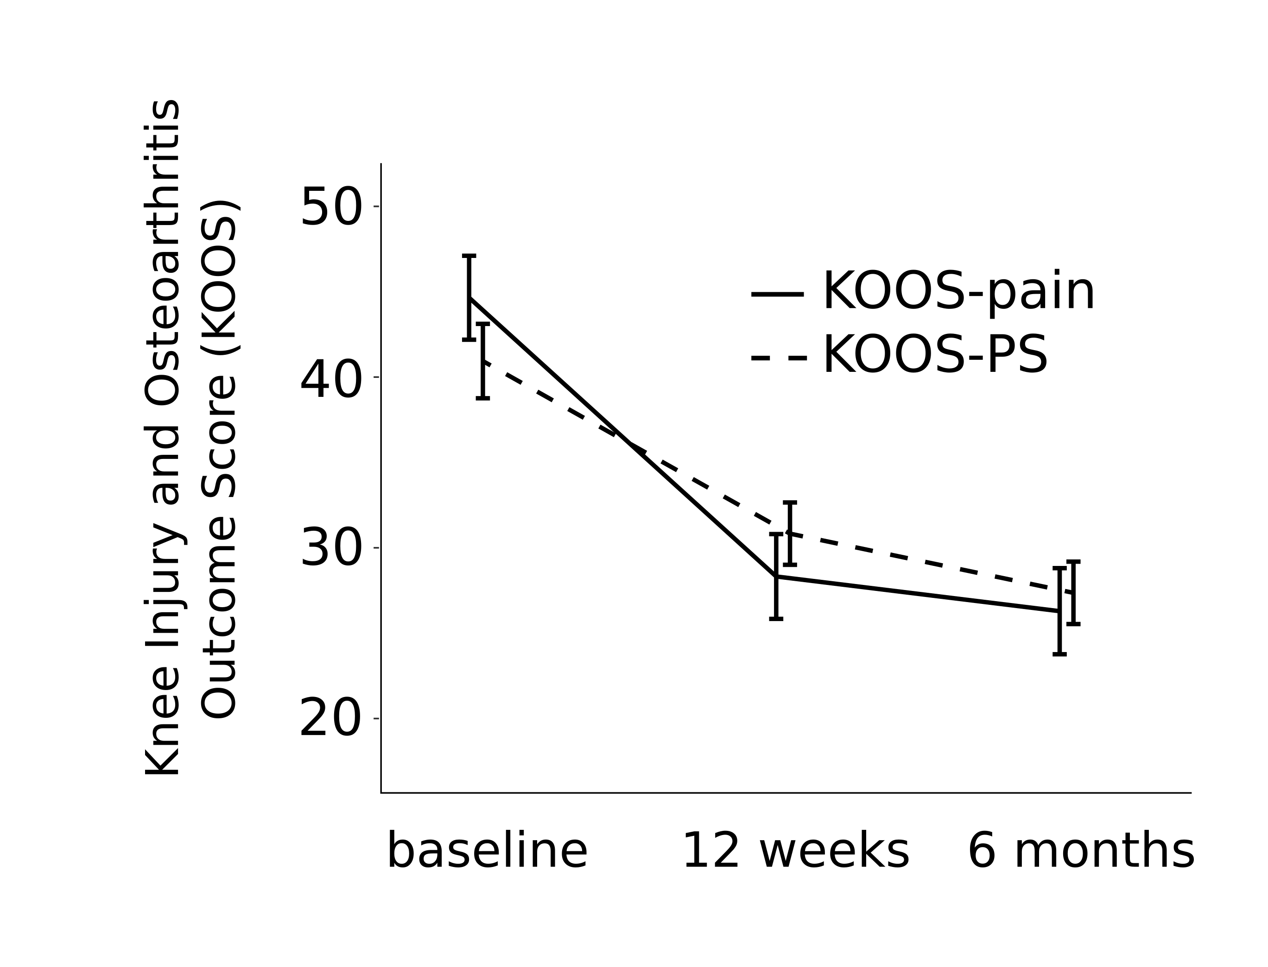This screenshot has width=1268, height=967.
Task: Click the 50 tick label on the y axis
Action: (x=331, y=207)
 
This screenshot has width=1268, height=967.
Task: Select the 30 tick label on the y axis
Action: (x=331, y=548)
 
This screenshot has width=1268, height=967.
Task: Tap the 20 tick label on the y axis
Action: (x=331, y=719)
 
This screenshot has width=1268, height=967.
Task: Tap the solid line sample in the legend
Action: (x=777, y=294)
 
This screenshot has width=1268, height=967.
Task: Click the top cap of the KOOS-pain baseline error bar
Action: (x=469, y=256)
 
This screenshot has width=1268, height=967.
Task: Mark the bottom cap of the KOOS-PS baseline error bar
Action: (x=482, y=398)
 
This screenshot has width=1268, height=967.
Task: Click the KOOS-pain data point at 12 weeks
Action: (x=776, y=576)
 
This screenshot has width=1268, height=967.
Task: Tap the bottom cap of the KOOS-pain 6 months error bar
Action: (x=1059, y=654)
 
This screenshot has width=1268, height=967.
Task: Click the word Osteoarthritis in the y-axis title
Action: (x=163, y=253)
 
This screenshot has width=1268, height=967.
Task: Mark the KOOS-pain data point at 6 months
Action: (x=1059, y=611)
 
